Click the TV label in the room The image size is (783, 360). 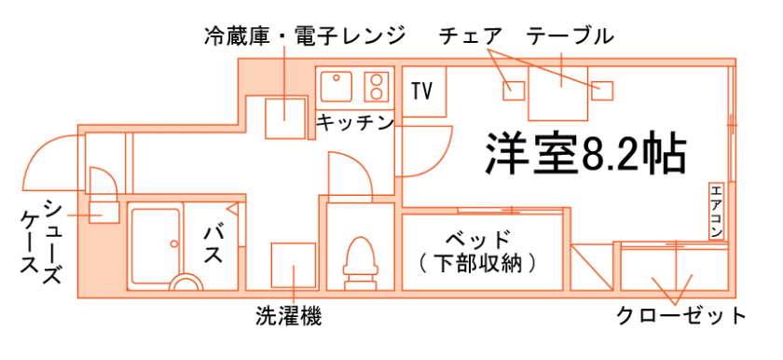tap(422, 91)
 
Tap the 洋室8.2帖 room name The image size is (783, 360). tap(585, 154)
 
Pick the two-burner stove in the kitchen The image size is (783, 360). tap(376, 87)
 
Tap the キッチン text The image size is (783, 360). tap(354, 122)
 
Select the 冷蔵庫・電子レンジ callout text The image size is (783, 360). tap(305, 36)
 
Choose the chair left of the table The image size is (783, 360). tap(514, 90)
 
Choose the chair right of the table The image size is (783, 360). tap(603, 90)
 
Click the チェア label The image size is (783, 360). tap(471, 36)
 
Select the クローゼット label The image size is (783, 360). tap(681, 315)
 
